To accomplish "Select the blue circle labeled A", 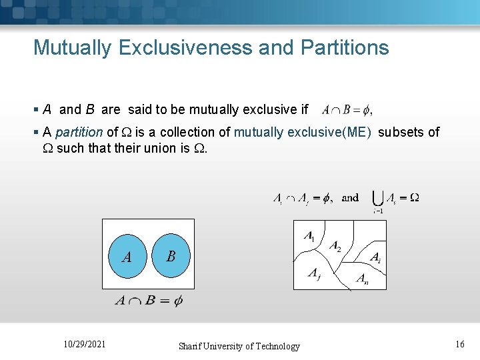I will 127,256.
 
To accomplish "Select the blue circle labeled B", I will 171,256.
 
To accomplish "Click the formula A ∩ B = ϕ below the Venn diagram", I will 149,301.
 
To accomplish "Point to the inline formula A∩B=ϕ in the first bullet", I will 346,109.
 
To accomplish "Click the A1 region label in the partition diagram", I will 309,236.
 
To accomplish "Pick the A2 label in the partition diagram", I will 335,245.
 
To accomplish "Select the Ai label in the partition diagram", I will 375,257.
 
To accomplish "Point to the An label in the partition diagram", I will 362,279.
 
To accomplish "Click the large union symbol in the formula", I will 377,198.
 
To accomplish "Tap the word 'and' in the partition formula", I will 350,197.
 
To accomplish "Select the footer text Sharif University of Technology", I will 239,346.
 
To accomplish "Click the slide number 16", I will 459,344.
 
